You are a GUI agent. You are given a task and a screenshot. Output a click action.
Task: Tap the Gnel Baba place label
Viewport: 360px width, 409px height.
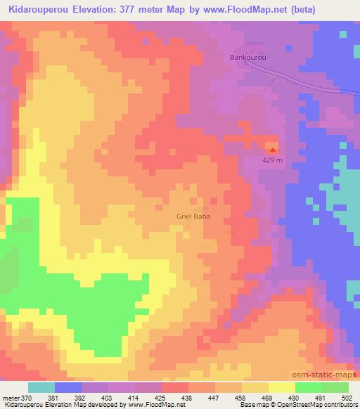pos(192,217)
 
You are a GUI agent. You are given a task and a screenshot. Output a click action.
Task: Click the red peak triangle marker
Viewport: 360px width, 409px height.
pos(273,148)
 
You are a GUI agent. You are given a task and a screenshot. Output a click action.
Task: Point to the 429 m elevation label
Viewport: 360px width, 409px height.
pos(272,160)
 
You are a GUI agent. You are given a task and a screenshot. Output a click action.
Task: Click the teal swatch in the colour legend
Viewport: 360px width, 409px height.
pos(41,387)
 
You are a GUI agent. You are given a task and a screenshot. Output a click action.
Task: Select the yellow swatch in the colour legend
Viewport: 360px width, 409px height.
pos(282,387)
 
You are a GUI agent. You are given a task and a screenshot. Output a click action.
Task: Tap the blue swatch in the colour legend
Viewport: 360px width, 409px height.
pos(68,387)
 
